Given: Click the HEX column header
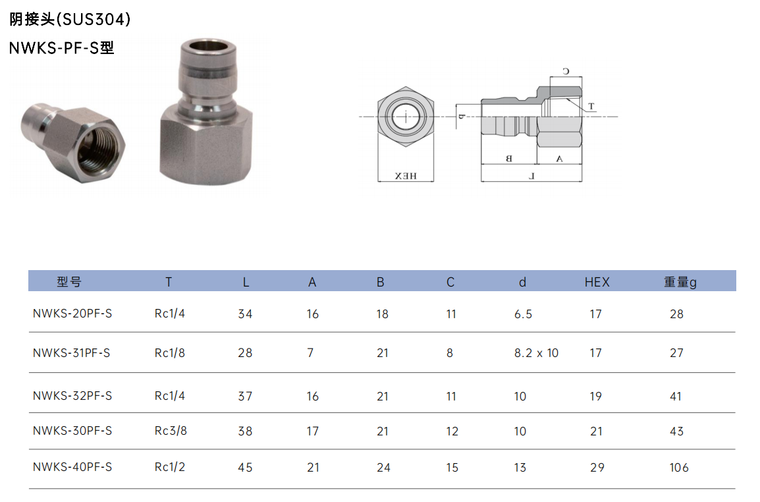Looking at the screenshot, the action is (x=597, y=282).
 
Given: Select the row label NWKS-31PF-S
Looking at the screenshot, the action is (x=71, y=353).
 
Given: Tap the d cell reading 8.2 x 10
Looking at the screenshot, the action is (x=536, y=353).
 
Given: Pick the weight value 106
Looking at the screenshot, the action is (x=678, y=468).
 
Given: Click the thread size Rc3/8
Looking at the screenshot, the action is (x=171, y=431).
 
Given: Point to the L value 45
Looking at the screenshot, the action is (x=245, y=468).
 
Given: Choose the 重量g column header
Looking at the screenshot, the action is (x=680, y=282).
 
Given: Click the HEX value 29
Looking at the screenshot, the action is (x=597, y=468).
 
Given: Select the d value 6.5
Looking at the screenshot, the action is (x=523, y=314).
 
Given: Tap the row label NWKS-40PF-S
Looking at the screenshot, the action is (x=72, y=467).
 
